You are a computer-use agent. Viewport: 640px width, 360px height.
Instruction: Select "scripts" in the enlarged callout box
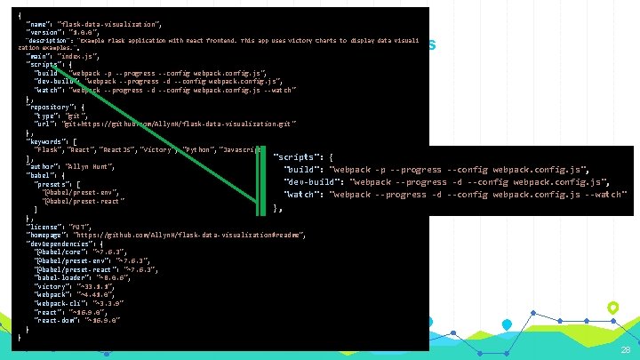coord(296,156)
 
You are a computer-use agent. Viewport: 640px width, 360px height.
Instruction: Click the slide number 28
coord(625,351)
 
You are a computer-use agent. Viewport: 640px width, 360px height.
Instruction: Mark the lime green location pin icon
coord(612,308)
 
